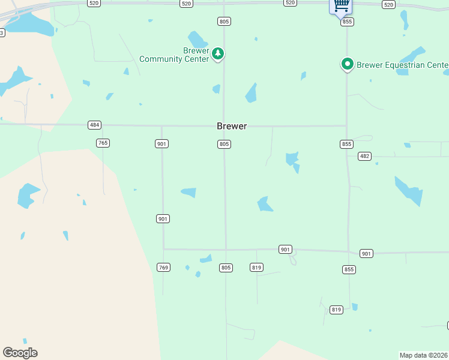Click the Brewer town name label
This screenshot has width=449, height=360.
point(232,126)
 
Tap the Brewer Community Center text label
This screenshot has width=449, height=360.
point(174,55)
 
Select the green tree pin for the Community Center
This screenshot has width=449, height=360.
point(218,54)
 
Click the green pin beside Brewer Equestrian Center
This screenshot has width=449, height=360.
point(347,64)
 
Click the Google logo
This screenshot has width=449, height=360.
point(20,353)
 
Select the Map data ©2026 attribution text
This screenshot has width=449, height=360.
point(424,355)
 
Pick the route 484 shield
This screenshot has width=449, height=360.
point(94,125)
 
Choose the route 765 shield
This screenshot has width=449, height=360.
point(103,143)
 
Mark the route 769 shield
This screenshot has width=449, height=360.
point(163,267)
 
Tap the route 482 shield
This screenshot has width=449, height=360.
point(364,156)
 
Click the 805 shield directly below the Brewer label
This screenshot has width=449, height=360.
point(224,144)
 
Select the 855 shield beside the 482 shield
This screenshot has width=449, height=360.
point(346,144)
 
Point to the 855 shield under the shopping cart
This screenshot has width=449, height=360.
point(347,22)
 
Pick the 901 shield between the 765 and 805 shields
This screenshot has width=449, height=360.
point(162,144)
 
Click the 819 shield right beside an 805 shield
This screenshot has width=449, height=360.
point(256,267)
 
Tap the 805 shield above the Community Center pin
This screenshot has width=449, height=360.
point(224,22)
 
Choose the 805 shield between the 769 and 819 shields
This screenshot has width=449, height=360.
point(226,267)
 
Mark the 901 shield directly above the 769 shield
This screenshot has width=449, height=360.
point(163,218)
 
